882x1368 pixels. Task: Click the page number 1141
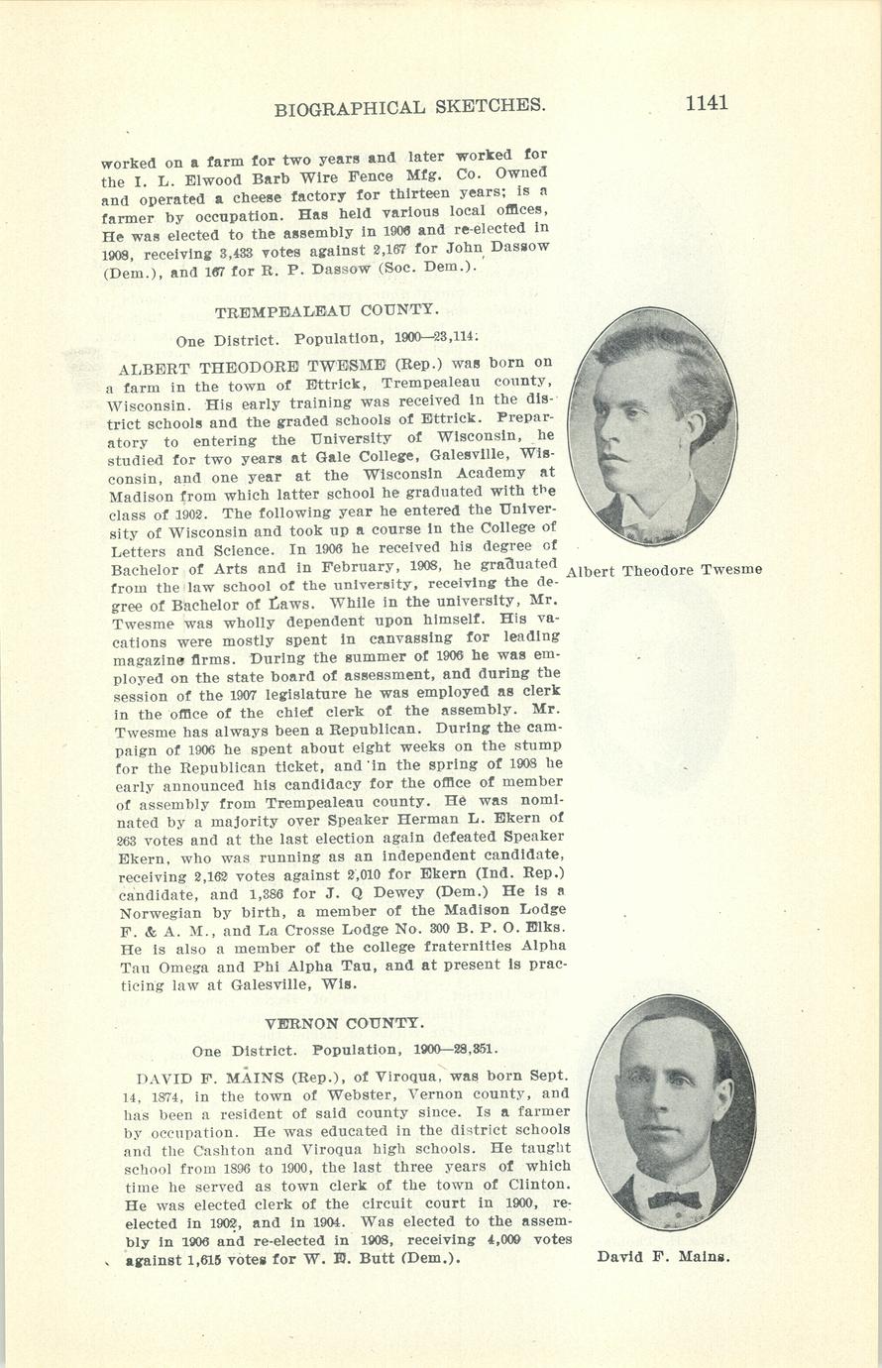coord(705,103)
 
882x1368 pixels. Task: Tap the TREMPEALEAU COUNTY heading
coord(327,310)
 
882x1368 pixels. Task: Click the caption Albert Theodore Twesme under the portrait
coord(663,570)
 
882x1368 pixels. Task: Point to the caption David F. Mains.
coord(663,1257)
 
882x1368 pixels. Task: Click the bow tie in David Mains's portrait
coord(673,1200)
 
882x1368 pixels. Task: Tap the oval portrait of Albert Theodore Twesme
coord(651,426)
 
